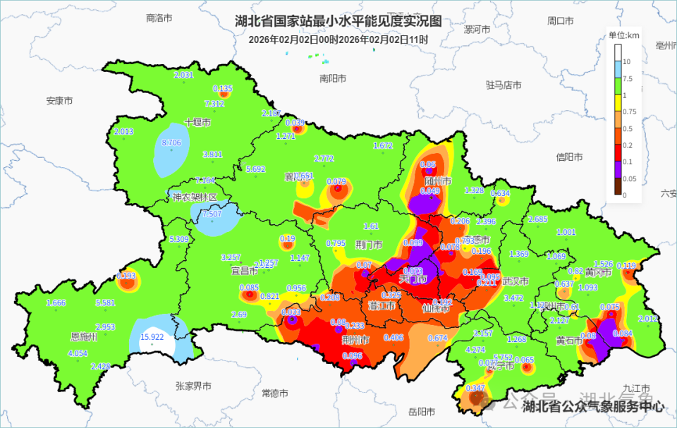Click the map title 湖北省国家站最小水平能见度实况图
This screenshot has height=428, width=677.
point(338,21)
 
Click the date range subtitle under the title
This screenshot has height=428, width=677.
point(338,39)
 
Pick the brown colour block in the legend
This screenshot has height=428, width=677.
point(618,186)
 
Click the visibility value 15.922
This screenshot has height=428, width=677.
point(152,337)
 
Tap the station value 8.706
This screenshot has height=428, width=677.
point(171,142)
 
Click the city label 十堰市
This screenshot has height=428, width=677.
point(197,123)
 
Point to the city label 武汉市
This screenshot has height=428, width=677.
point(516,281)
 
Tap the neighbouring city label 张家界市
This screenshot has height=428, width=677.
point(193,386)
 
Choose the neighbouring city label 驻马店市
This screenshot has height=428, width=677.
point(504,85)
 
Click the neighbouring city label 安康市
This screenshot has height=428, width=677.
point(60,101)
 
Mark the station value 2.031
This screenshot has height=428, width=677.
point(183,75)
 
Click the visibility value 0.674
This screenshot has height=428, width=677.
point(438,338)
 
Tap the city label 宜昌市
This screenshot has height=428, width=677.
point(244,270)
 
